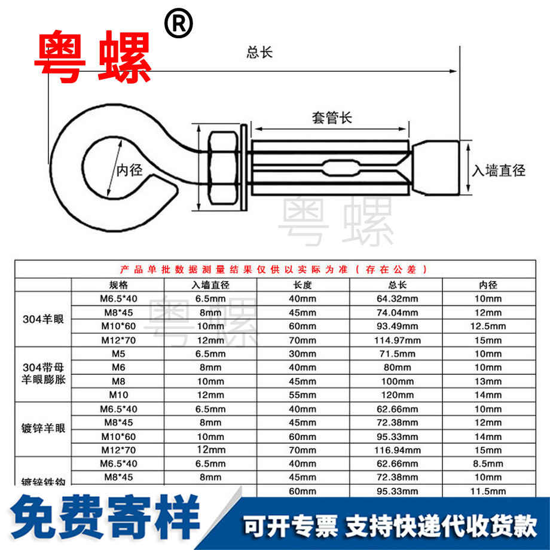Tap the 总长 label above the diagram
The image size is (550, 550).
pyautogui.click(x=259, y=53)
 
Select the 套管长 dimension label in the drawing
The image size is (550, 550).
pyautogui.click(x=332, y=117)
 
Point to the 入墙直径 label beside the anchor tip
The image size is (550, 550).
pyautogui.click(x=499, y=171)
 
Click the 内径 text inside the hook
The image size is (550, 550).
pyautogui.click(x=129, y=171)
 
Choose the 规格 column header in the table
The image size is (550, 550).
pyautogui.click(x=118, y=285)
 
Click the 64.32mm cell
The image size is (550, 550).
pyautogui.click(x=397, y=299)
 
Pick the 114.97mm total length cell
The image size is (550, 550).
pyautogui.click(x=397, y=341)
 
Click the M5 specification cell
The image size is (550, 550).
pyautogui.click(x=118, y=355)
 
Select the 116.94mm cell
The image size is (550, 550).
pyautogui.click(x=397, y=450)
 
